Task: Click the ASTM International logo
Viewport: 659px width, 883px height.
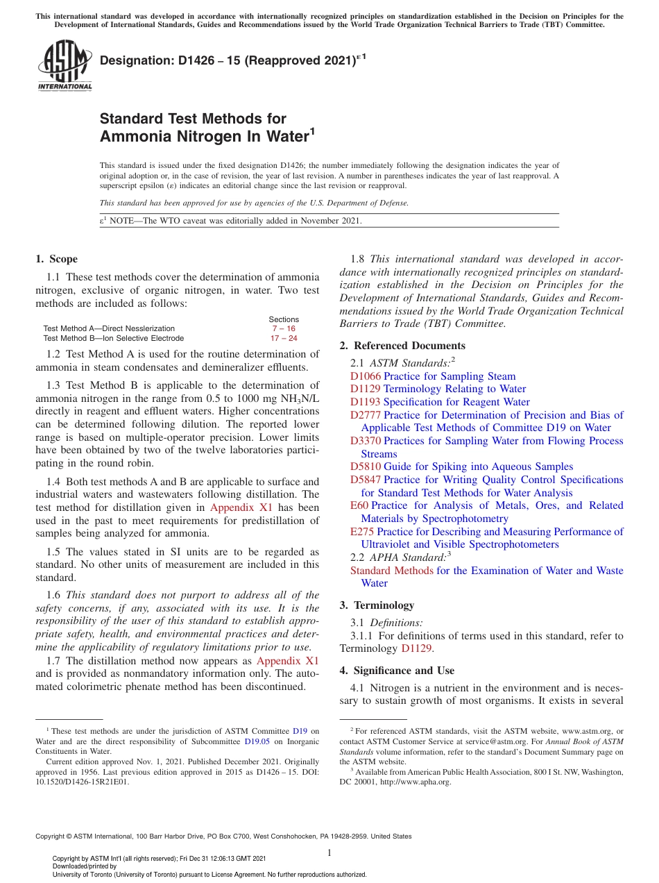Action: click(64, 65)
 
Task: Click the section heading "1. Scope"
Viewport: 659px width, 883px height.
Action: click(57, 259)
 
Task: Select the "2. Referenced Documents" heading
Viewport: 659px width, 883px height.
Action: click(402, 346)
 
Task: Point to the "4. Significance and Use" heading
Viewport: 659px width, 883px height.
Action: click(397, 671)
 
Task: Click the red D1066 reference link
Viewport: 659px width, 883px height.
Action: click(365, 376)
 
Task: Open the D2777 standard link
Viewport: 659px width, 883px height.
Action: click(365, 415)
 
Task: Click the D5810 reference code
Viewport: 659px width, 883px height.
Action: click(365, 466)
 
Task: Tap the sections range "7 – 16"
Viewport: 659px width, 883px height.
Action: click(284, 328)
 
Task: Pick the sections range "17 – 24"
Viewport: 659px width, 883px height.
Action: click(284, 338)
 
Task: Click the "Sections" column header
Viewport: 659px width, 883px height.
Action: click(284, 319)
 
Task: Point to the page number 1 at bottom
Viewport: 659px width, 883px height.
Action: click(329, 852)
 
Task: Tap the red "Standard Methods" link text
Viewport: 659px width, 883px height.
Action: click(391, 571)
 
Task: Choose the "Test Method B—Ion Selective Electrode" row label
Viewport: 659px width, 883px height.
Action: click(113, 338)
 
